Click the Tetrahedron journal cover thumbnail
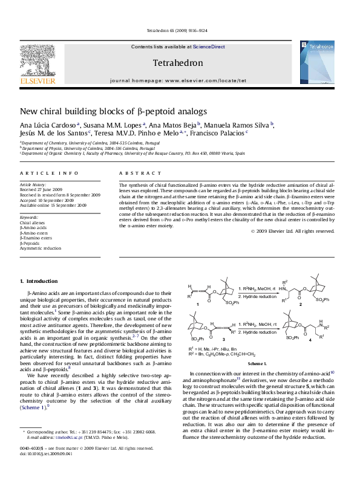[317, 62]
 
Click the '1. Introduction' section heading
[39, 281]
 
